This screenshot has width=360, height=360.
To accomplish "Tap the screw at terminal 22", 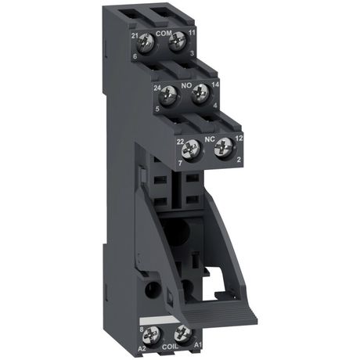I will [194, 146].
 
